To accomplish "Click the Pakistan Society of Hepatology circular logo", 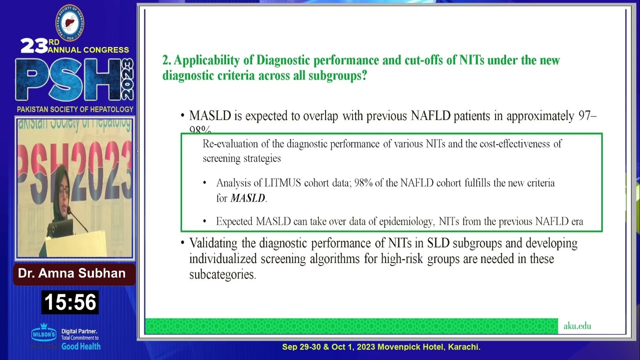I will pyautogui.click(x=69, y=22).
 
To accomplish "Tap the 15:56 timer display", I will pyautogui.click(x=70, y=302).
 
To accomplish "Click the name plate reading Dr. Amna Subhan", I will pyautogui.click(x=72, y=273).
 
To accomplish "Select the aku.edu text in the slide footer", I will pyautogui.click(x=577, y=326).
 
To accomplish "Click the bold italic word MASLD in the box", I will pyautogui.click(x=247, y=198).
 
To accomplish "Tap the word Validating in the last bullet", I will pyautogui.click(x=214, y=243).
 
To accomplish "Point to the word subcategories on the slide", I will pyautogui.click(x=222, y=275).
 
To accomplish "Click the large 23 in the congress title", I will pyautogui.click(x=34, y=46).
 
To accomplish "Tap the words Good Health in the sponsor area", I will pyautogui.click(x=81, y=346).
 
